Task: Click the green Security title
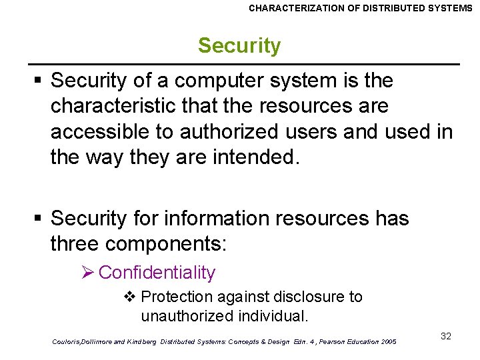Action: (239, 46)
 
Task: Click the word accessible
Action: (100, 132)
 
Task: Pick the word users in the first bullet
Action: (311, 132)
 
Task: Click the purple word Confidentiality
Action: (157, 273)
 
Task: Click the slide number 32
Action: (446, 336)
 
